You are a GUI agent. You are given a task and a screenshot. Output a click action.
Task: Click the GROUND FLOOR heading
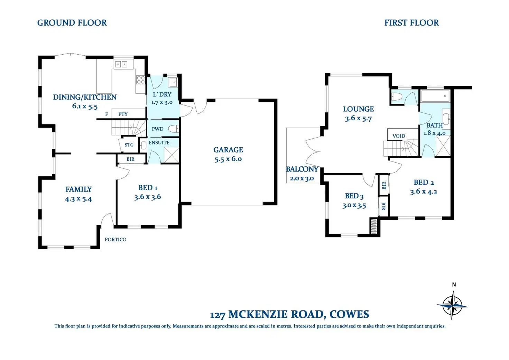[72, 23]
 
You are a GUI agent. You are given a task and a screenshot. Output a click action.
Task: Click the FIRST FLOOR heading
[411, 23]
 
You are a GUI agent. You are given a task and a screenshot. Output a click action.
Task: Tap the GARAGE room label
[228, 150]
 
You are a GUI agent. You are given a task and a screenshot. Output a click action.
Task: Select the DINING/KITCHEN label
[85, 97]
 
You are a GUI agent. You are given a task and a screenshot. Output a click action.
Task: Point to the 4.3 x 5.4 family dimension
[78, 199]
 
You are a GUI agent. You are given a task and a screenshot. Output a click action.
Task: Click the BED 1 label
[148, 188]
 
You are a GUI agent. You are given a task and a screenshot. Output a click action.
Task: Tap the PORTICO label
[115, 239]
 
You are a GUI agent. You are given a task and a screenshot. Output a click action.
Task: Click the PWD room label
[157, 129]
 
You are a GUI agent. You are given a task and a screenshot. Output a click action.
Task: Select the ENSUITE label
[159, 142]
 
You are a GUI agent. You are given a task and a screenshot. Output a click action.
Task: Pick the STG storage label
[129, 145]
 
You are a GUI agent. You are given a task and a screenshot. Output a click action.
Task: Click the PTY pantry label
[123, 114]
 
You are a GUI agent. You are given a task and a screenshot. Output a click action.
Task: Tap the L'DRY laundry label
[162, 94]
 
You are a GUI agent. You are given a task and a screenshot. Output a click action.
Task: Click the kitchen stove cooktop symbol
[141, 80]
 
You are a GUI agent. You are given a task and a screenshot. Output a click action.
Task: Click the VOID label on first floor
[399, 136]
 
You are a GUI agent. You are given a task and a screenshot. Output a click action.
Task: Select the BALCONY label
[302, 169]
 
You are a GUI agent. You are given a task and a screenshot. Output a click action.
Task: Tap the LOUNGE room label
[358, 109]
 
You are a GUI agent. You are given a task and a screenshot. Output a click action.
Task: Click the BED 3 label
[354, 196]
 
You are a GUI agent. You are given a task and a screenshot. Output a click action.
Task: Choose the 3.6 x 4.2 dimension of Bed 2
[424, 192]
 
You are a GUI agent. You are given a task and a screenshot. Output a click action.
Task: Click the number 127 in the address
[218, 315]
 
